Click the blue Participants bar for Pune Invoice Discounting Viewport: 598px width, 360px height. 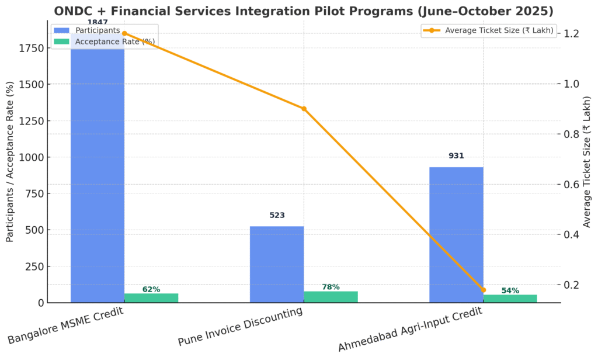click(277, 264)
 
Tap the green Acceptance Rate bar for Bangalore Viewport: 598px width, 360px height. click(151, 298)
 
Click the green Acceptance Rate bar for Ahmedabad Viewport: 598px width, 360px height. click(510, 299)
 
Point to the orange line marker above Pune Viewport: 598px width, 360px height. click(304, 109)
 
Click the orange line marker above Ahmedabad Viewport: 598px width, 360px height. click(483, 290)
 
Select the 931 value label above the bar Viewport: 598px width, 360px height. click(456, 156)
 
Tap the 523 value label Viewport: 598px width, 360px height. click(277, 215)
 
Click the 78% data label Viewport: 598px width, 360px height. click(331, 287)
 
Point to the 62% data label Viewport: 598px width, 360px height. click(151, 289)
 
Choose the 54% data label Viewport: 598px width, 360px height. click(510, 290)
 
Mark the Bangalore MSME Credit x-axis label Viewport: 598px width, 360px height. click(65, 326)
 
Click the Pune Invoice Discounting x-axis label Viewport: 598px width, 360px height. click(241, 326)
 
